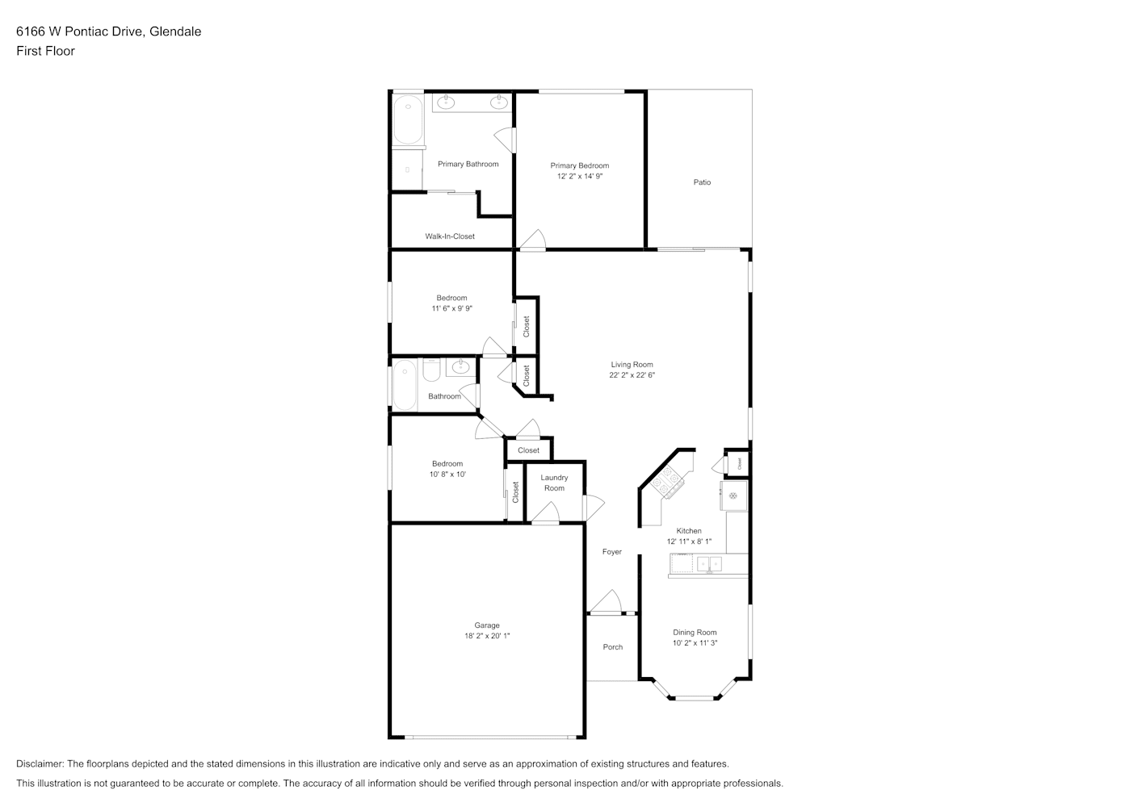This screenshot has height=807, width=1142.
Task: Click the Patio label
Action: pyautogui.click(x=702, y=182)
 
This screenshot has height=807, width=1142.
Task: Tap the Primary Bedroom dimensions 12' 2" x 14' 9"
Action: pyautogui.click(x=580, y=176)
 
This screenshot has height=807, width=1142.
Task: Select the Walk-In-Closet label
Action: pyautogui.click(x=450, y=236)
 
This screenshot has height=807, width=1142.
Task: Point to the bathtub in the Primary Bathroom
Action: pyautogui.click(x=408, y=119)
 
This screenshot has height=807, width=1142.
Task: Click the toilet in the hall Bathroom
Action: pyautogui.click(x=431, y=370)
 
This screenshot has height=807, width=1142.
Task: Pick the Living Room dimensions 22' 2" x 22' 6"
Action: pyautogui.click(x=632, y=375)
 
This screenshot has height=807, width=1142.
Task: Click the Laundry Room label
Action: pyautogui.click(x=554, y=483)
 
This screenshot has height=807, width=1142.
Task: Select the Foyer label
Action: pyautogui.click(x=612, y=551)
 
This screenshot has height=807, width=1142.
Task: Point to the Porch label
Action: pyautogui.click(x=612, y=646)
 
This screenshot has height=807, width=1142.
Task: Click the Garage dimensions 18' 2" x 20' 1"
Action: pyautogui.click(x=487, y=635)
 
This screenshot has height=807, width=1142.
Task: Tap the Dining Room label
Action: pyautogui.click(x=695, y=632)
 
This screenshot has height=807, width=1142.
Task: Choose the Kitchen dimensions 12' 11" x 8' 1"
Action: pyautogui.click(x=689, y=541)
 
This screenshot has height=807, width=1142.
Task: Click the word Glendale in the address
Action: pyautogui.click(x=175, y=31)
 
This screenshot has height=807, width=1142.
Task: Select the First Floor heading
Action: pyautogui.click(x=45, y=51)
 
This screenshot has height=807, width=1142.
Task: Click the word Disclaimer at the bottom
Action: pyautogui.click(x=40, y=763)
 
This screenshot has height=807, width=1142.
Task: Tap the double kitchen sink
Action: pyautogui.click(x=709, y=564)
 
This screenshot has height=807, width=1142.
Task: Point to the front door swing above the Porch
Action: pyautogui.click(x=607, y=601)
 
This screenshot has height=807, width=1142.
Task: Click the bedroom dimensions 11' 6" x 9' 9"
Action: pyautogui.click(x=451, y=308)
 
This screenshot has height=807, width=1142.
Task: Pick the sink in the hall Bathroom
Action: pyautogui.click(x=460, y=367)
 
